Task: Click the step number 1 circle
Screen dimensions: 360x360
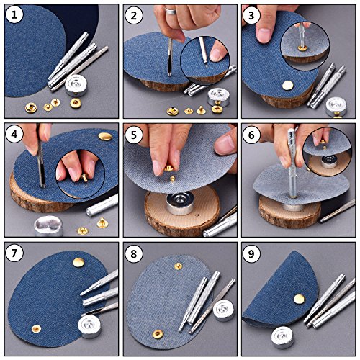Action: [x=14, y=15]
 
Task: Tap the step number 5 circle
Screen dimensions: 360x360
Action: [x=134, y=135]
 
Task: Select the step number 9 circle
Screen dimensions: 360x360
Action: [x=251, y=253]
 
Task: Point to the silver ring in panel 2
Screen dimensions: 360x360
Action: [x=171, y=11]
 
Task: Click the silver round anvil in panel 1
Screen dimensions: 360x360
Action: [x=74, y=86]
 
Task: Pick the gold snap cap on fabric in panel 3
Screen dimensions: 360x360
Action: [x=288, y=85]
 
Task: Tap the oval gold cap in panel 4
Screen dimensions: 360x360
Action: [x=105, y=136]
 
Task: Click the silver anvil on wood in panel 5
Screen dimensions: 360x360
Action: [x=181, y=203]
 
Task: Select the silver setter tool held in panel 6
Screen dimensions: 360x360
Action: [x=292, y=163]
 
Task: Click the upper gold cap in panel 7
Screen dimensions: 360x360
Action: [x=78, y=262]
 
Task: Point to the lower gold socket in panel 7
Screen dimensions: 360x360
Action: [x=36, y=328]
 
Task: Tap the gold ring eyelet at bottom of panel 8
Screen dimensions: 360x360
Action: [x=158, y=334]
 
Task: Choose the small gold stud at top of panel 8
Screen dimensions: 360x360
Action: [x=178, y=266]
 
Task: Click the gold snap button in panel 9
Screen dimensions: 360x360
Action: [x=299, y=299]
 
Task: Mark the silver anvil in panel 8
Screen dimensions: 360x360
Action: [x=223, y=310]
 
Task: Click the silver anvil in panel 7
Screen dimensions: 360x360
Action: [x=89, y=326]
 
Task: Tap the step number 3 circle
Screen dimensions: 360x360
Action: [x=251, y=16]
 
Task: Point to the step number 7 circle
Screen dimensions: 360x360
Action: [x=14, y=253]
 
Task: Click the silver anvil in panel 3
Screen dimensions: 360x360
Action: [x=336, y=107]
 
